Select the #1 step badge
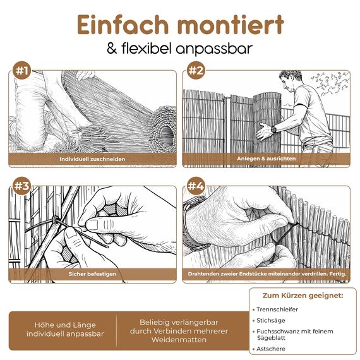22,71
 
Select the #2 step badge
196,71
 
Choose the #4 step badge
196,186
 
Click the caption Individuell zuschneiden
92,159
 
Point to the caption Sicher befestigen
92,275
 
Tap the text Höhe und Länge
65,325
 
